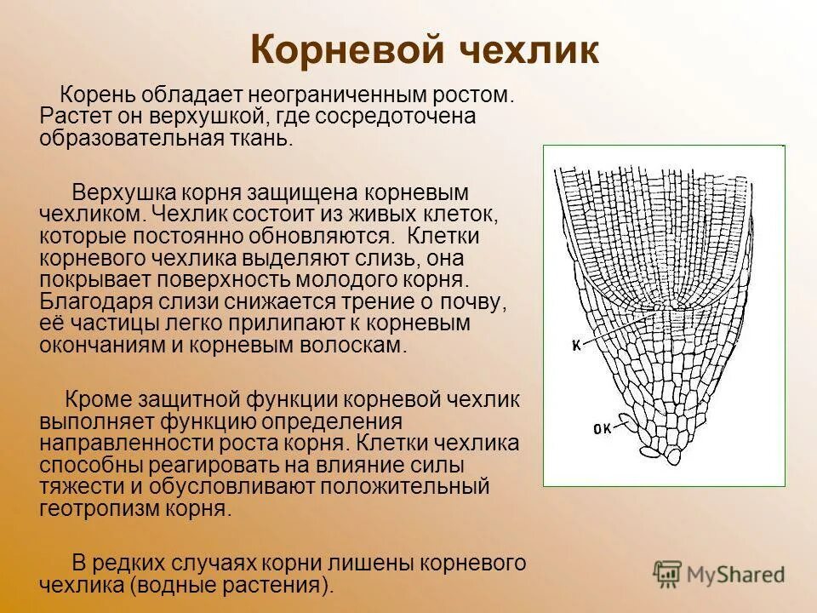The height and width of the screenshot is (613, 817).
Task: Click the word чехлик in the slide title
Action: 530,52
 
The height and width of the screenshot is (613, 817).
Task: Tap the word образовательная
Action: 128,139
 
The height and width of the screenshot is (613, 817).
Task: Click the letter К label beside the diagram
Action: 575,345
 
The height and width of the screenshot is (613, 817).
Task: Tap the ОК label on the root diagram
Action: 602,429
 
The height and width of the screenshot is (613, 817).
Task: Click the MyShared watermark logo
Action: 719,573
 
